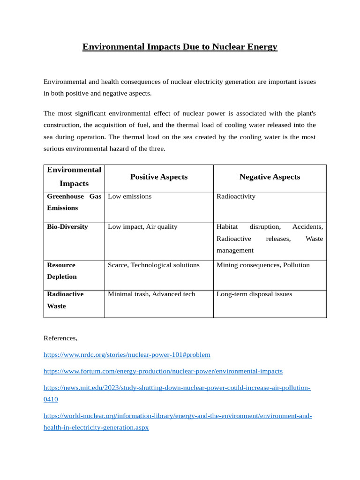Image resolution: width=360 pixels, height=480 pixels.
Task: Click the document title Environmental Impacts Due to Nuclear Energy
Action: [x=180, y=47]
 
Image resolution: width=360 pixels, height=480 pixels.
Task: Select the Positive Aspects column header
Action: [x=158, y=177]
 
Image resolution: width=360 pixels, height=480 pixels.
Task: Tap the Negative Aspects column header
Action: [x=270, y=177]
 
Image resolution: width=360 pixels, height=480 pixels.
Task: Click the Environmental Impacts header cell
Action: [x=74, y=177]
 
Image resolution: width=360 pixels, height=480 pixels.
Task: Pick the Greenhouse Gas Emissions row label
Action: [x=74, y=202]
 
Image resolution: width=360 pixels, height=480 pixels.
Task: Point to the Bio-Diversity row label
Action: [x=67, y=227]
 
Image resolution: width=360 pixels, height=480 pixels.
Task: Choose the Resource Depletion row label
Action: [x=61, y=271]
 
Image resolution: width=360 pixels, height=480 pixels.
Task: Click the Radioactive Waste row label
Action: [x=65, y=300]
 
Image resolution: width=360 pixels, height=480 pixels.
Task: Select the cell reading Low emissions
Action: [x=130, y=196]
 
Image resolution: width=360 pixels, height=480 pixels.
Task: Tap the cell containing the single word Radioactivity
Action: [x=236, y=196]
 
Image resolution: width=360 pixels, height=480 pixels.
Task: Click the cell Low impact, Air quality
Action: [x=142, y=227]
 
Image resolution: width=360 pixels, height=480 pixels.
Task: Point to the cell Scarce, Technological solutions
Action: [x=154, y=265]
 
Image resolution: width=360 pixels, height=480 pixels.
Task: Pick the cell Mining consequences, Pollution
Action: [x=263, y=265]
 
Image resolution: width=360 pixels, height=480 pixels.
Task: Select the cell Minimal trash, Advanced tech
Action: [x=151, y=294]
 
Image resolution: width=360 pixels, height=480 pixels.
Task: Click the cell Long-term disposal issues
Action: [x=254, y=294]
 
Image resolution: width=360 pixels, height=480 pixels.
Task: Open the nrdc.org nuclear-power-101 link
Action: [x=127, y=355]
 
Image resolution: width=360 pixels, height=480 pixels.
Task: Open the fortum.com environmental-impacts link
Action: [x=163, y=371]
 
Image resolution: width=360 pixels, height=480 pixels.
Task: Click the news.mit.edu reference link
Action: [x=177, y=388]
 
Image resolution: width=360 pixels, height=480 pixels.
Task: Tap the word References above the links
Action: [x=60, y=338]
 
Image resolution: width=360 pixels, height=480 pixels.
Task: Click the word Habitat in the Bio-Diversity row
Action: [x=227, y=227]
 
